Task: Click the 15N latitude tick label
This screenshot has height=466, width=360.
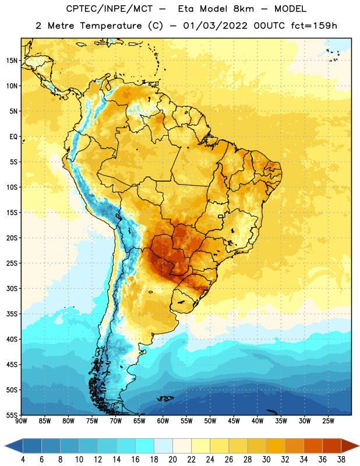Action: (x=12, y=61)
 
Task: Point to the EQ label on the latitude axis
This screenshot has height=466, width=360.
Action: (x=13, y=137)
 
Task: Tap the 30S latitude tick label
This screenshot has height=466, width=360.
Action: (x=12, y=288)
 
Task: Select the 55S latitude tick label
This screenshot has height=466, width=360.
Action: (x=12, y=415)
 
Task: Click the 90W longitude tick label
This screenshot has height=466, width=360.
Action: (x=21, y=421)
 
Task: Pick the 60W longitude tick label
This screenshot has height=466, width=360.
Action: (x=163, y=421)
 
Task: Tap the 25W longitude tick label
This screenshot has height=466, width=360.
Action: (x=328, y=421)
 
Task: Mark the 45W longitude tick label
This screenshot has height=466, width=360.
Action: (x=234, y=421)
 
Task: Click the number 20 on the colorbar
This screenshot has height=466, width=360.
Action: (x=172, y=460)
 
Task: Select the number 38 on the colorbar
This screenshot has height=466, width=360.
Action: (x=341, y=460)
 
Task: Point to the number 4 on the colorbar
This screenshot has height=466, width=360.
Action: (x=23, y=460)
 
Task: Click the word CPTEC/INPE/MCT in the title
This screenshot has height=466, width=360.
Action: (x=110, y=9)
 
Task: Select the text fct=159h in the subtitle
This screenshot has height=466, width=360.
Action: (x=314, y=26)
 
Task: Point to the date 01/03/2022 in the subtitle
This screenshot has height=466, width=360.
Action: (x=215, y=26)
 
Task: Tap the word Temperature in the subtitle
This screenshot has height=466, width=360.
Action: (x=111, y=26)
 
